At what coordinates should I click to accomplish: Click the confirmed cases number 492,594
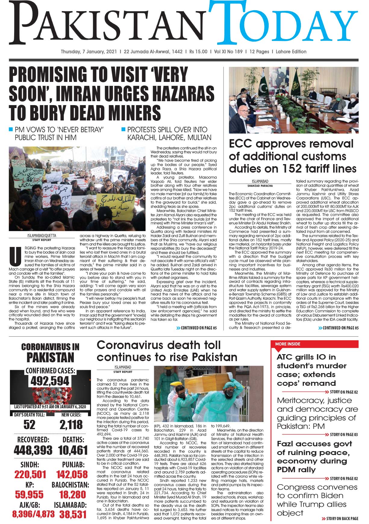click(50, 381)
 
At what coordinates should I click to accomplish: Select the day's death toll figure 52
click(29, 425)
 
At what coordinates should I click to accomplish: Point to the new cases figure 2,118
click(71, 425)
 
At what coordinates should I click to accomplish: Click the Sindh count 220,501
click(30, 475)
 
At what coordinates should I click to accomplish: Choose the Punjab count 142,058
click(72, 475)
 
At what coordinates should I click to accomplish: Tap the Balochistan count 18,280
click(73, 494)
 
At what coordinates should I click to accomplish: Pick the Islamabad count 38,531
click(73, 514)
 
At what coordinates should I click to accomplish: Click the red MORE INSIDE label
click(288, 344)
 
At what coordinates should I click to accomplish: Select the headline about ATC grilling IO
click(311, 370)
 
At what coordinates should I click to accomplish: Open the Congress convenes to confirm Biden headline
click(317, 500)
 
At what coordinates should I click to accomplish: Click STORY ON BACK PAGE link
click(340, 519)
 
